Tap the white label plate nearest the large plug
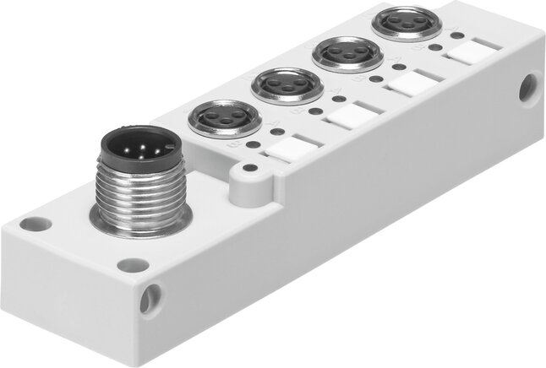tap(288, 150)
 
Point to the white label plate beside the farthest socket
tap(467, 52)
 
